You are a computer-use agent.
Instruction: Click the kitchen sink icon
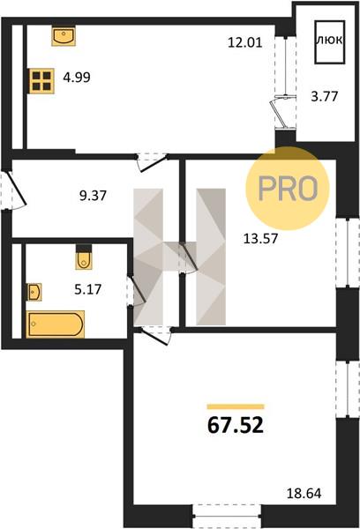(x=64, y=36)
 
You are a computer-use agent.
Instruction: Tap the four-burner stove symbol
(x=41, y=81)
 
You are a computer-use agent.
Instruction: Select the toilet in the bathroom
(x=84, y=257)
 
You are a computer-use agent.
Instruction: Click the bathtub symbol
(x=56, y=324)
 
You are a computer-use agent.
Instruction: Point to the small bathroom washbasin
(x=34, y=292)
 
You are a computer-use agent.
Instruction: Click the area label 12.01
(x=245, y=43)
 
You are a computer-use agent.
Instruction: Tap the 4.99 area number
(x=77, y=78)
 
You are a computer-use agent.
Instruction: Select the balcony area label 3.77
(x=324, y=96)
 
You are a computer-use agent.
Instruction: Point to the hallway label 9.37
(x=93, y=196)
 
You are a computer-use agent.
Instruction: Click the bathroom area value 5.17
(x=88, y=289)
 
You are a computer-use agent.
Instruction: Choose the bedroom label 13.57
(x=260, y=239)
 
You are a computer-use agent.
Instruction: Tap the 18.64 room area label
(x=304, y=494)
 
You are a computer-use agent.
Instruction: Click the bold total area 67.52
(x=236, y=426)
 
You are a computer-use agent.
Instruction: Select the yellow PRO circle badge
(x=287, y=189)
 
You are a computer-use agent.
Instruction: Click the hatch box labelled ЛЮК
(x=330, y=42)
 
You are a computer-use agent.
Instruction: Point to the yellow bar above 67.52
(x=236, y=406)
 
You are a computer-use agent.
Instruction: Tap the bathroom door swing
(x=136, y=290)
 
